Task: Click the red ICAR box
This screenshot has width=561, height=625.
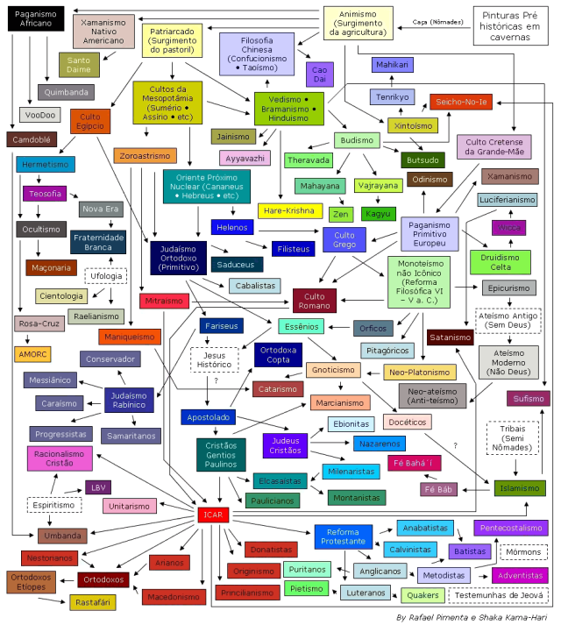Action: [213, 515]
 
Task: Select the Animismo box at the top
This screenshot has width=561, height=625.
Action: [358, 22]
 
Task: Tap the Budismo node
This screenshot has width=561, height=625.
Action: [358, 140]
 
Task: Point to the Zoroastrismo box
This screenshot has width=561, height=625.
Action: [145, 156]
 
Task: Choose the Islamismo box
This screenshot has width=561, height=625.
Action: [519, 488]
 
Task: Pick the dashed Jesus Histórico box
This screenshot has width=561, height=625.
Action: [215, 359]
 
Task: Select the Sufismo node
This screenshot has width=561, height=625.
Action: [528, 398]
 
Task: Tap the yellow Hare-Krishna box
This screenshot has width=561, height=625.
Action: [288, 211]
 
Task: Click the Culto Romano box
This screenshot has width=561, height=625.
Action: [314, 302]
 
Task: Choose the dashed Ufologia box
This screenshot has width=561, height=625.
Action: [106, 275]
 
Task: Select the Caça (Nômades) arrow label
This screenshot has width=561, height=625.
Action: [438, 22]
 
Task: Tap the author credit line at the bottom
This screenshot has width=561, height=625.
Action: [470, 616]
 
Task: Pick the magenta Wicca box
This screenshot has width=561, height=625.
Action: [508, 228]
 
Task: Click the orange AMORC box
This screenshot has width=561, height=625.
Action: [32, 354]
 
